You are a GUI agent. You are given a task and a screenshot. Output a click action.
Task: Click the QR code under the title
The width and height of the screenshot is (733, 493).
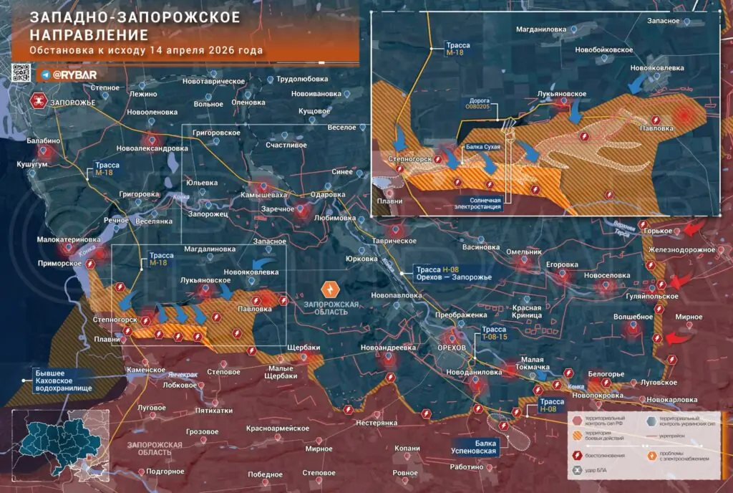[21, 73]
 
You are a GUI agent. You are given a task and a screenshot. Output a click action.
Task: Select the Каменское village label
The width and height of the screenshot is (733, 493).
[146, 370]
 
